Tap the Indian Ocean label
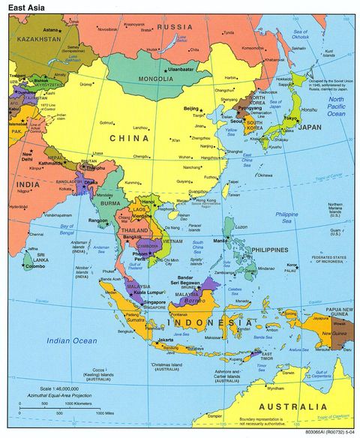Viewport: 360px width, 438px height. pos(71,340)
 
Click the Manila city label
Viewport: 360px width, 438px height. pos(220,241)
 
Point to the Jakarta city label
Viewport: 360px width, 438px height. pos(166,340)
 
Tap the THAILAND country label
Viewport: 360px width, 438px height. pos(135,230)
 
